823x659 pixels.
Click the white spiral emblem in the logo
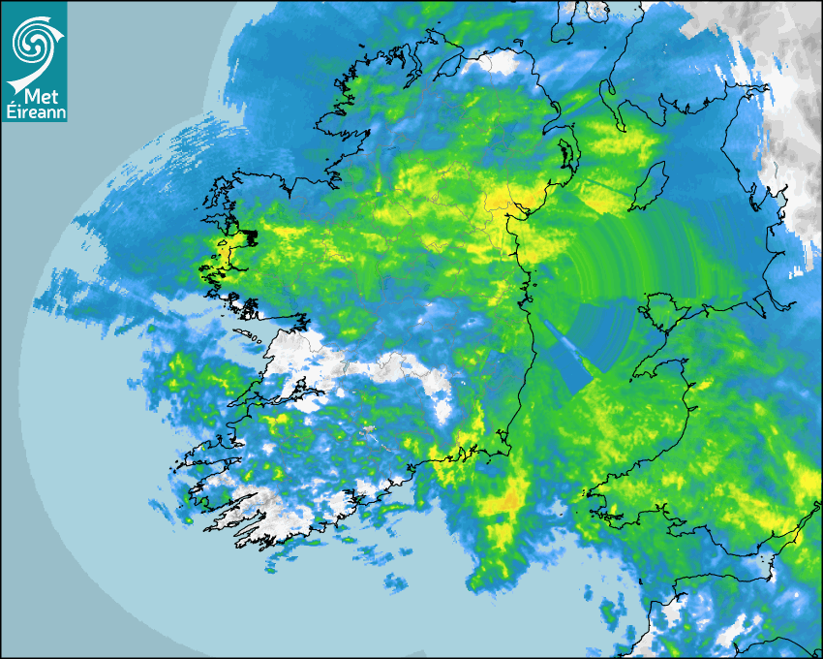click(x=34, y=44)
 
